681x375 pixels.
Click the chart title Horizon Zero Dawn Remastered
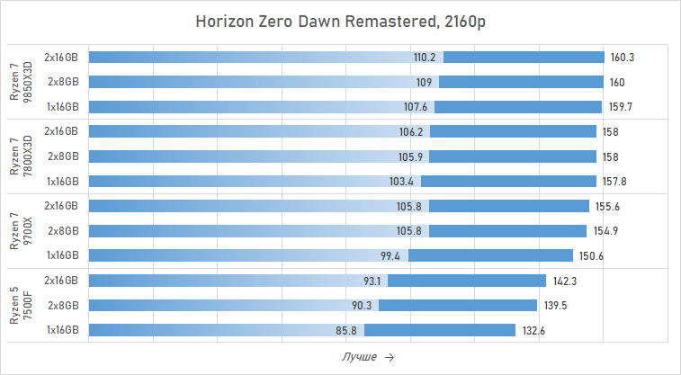[x=340, y=22]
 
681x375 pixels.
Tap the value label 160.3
[x=623, y=57]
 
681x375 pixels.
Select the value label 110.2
[x=425, y=57]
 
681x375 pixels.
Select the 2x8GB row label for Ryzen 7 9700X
[x=63, y=231]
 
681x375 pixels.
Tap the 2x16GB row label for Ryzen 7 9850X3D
[x=61, y=57]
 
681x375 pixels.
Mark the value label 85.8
[x=346, y=330]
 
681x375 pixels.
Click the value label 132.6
[x=533, y=330]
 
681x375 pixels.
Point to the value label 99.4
[x=390, y=255]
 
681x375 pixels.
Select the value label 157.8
[x=615, y=181]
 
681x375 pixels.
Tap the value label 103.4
[x=401, y=181]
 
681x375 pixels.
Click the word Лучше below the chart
[x=359, y=357]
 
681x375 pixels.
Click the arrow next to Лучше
[x=389, y=357]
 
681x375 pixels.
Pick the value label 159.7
[x=621, y=106]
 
